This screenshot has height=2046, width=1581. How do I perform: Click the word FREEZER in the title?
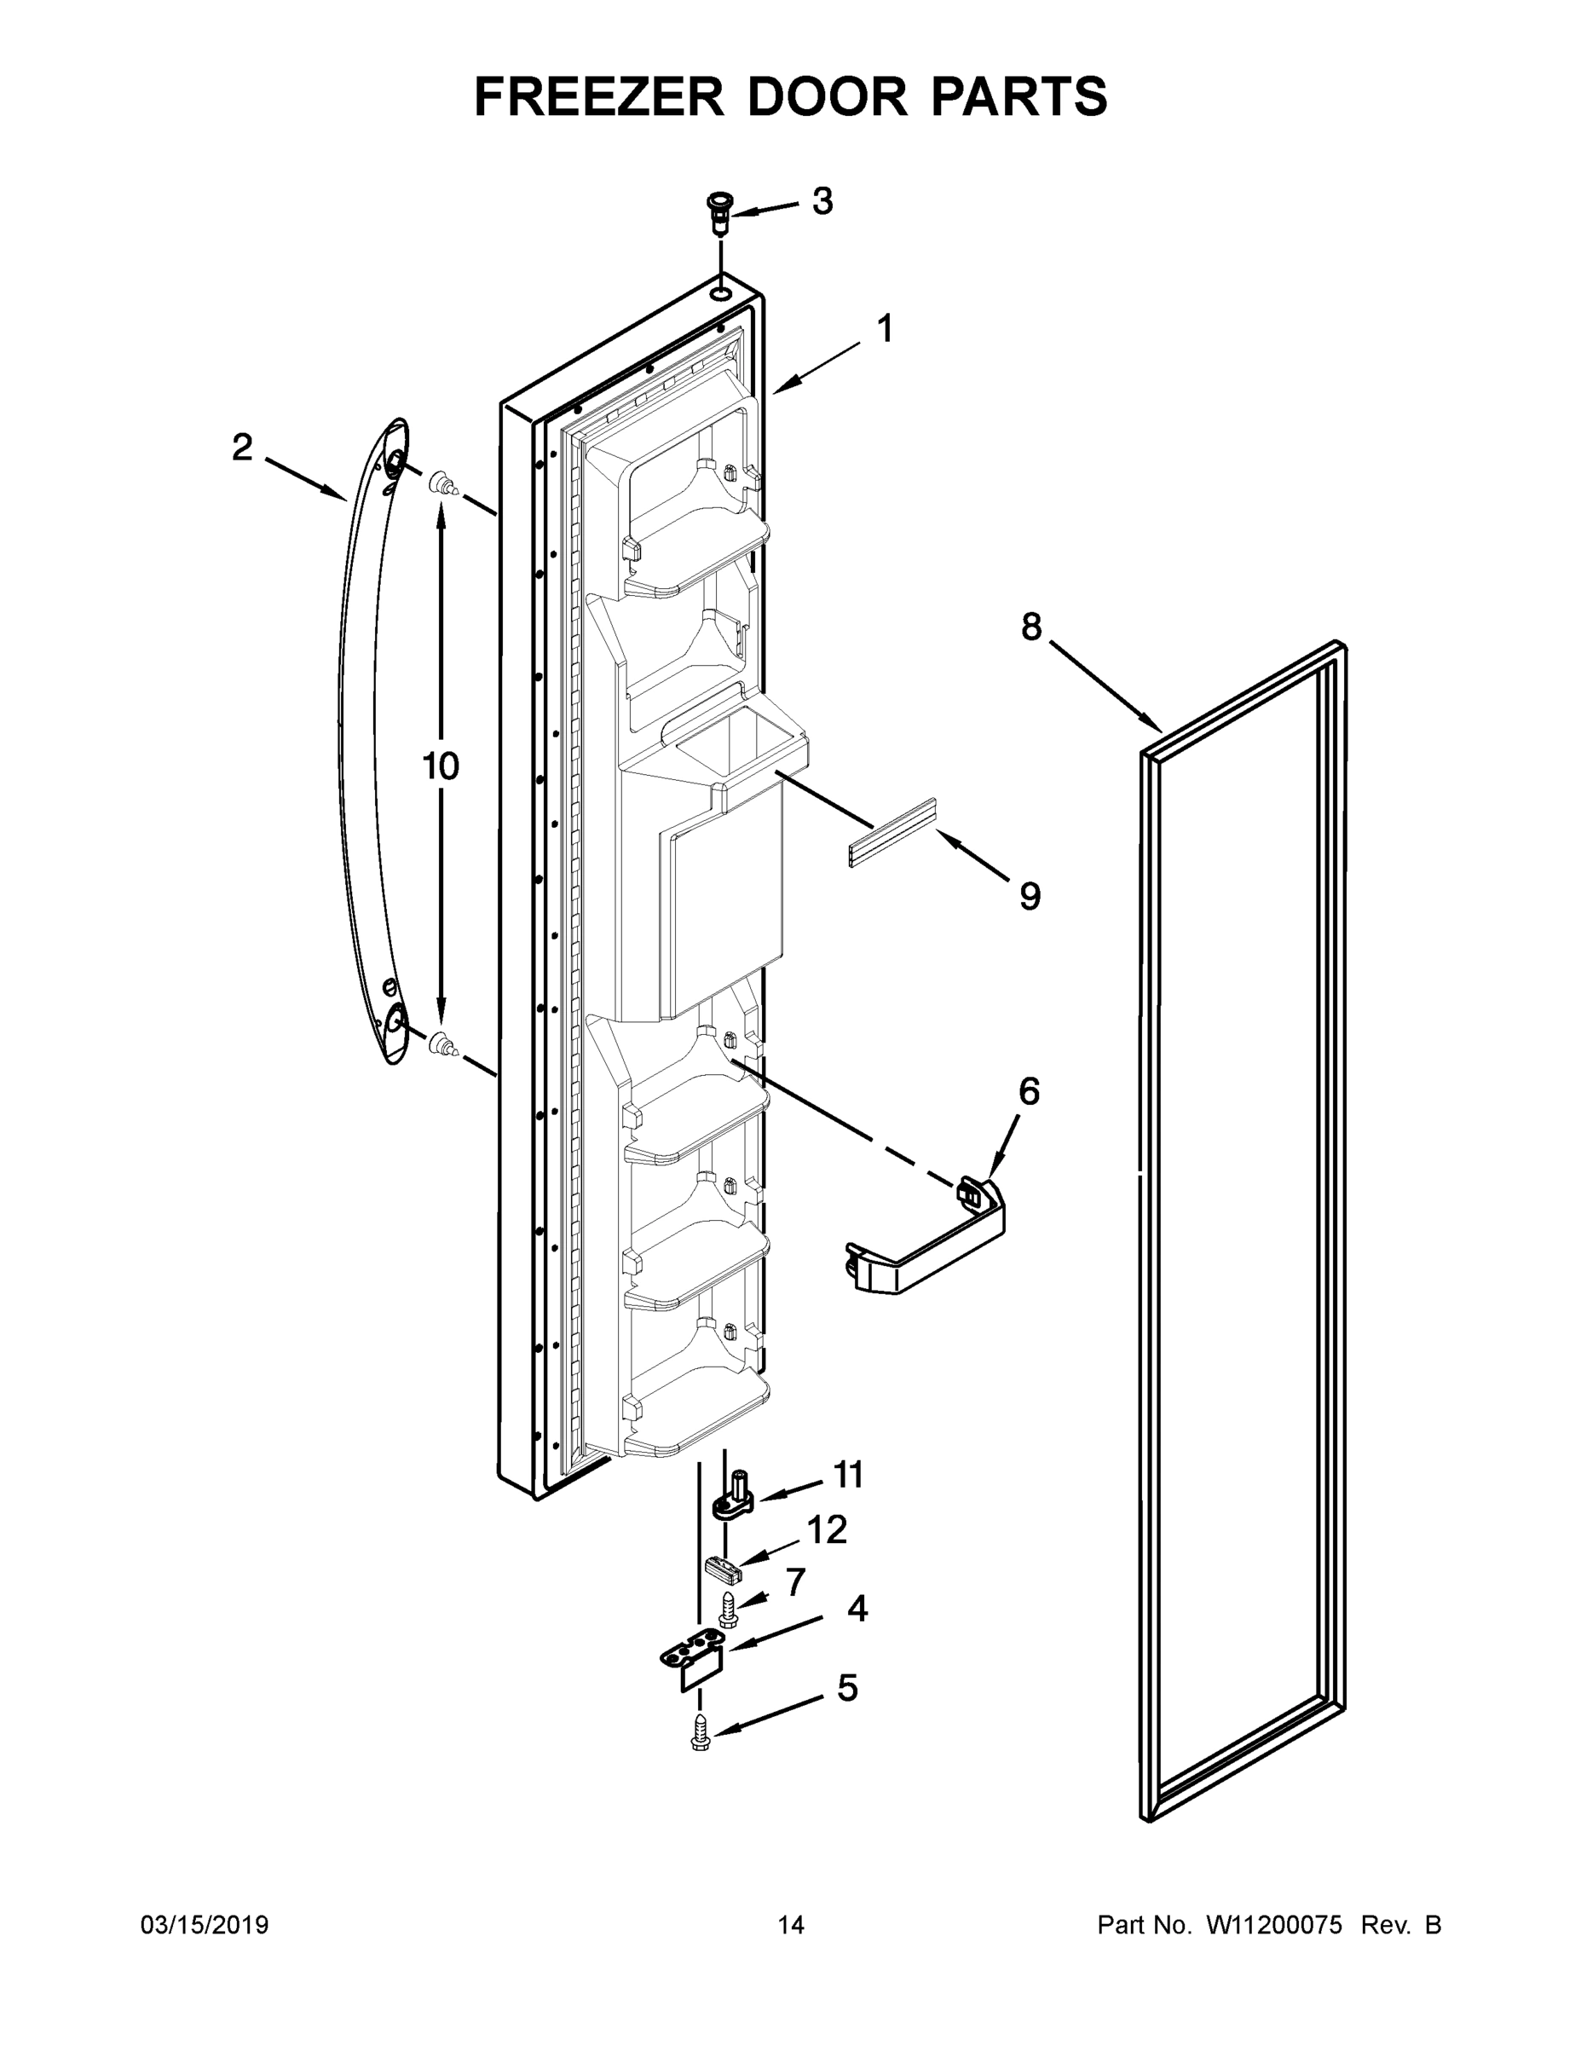point(599,96)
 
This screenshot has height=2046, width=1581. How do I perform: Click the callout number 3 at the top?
point(822,201)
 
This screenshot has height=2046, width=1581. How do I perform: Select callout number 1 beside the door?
point(883,330)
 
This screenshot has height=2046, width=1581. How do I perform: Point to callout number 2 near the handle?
point(243,448)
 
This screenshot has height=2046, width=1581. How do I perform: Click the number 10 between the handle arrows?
point(440,766)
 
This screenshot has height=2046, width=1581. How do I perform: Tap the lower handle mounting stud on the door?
point(443,1043)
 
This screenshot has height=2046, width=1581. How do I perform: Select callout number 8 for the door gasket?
point(1030,627)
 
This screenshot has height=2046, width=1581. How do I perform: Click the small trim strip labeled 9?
point(891,833)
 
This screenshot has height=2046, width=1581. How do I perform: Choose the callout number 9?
point(1030,897)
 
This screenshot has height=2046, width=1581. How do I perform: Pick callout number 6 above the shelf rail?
point(1029,1091)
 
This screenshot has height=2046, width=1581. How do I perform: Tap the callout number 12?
point(826,1531)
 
